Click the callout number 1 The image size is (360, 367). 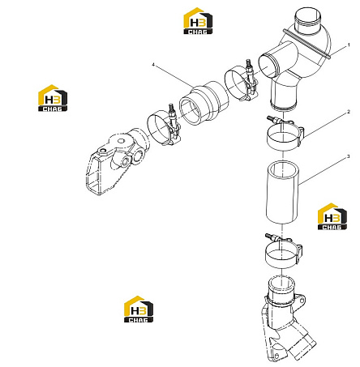pyautogui.click(x=349, y=45)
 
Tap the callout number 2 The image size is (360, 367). pyautogui.click(x=349, y=112)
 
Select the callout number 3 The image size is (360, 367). pyautogui.click(x=349, y=156)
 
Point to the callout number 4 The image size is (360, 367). pyautogui.click(x=153, y=65)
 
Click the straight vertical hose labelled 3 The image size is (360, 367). pyautogui.click(x=282, y=193)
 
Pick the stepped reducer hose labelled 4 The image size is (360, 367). pyautogui.click(x=204, y=103)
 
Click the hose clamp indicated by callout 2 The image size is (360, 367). pyautogui.click(x=285, y=133)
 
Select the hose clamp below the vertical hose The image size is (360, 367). pyautogui.click(x=284, y=251)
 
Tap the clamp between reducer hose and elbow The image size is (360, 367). pyautogui.click(x=242, y=83)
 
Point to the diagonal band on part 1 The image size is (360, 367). pyautogui.click(x=306, y=43)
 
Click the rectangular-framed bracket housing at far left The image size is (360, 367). pyautogui.click(x=115, y=160)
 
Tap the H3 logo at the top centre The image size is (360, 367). pyautogui.click(x=198, y=21)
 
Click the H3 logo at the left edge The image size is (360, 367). pyautogui.click(x=53, y=98)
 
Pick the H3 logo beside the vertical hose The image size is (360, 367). pyautogui.click(x=332, y=216)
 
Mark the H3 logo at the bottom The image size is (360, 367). pyautogui.click(x=139, y=309)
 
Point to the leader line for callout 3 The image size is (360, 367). pyautogui.click(x=323, y=171)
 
